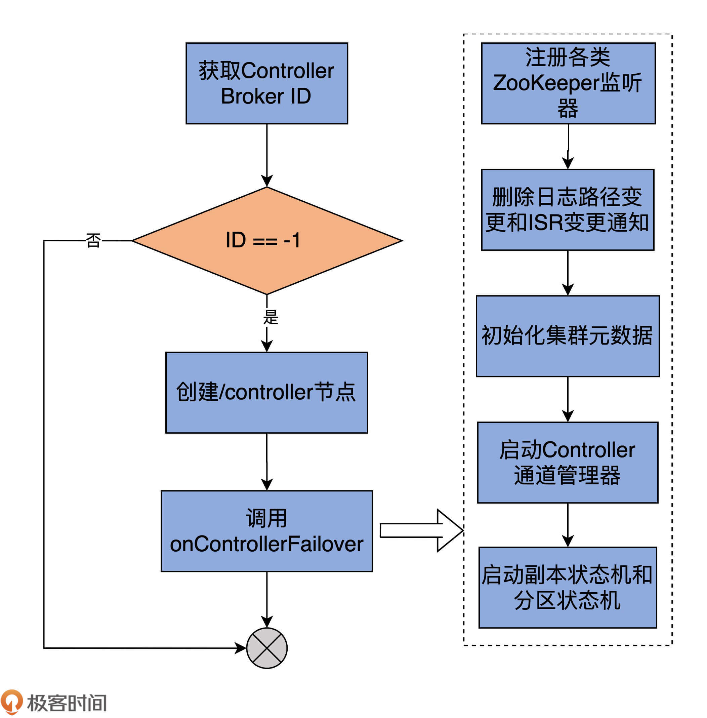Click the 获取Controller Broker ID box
pyautogui.click(x=266, y=83)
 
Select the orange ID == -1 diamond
pyautogui.click(x=266, y=241)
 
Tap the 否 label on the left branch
pyautogui.click(x=93, y=240)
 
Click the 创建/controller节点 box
pyautogui.click(x=266, y=392)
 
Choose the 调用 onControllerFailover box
pyautogui.click(x=266, y=531)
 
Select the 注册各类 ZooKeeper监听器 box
pyautogui.click(x=568, y=83)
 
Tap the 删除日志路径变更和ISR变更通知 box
pyautogui.click(x=568, y=209)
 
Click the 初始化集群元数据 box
pyautogui.click(x=568, y=336)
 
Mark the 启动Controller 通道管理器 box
pyautogui.click(x=568, y=463)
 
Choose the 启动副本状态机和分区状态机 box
pyautogui.click(x=568, y=588)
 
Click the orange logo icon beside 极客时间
pyautogui.click(x=11, y=701)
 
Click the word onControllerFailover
pyautogui.click(x=266, y=544)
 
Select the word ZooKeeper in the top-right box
pyautogui.click(x=546, y=83)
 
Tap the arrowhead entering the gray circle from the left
pyautogui.click(x=241, y=648)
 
